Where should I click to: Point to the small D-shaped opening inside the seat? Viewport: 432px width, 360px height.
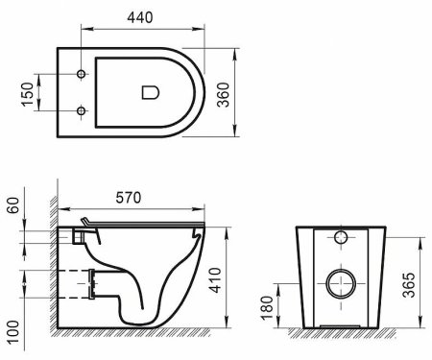tap(150, 91)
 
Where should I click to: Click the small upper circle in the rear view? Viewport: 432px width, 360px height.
tap(341, 238)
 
